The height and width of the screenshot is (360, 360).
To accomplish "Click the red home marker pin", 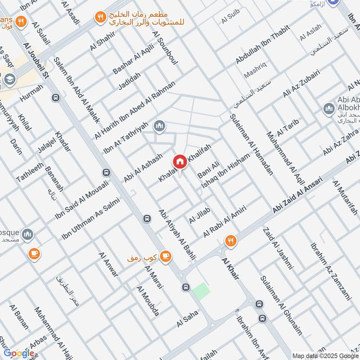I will click(180, 162).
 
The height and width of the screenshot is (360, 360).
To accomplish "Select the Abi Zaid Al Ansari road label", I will click(298, 194).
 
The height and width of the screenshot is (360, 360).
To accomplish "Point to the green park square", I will click(201, 292).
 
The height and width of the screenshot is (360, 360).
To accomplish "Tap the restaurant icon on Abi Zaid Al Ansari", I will click(231, 241).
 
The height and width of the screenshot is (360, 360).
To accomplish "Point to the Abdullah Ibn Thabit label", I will click(263, 49).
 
